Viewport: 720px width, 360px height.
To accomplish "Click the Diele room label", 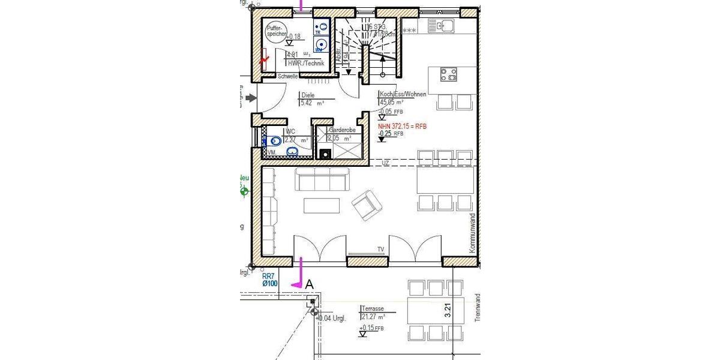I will coord(308,95).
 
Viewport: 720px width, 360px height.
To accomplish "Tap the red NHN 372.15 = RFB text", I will coord(401,127).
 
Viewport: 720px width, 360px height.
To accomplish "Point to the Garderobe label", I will coord(343,130).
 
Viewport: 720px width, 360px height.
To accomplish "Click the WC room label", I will coord(290,131).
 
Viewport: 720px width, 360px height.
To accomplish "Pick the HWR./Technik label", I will coord(306,63).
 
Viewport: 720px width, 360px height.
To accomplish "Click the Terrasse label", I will coord(373,308).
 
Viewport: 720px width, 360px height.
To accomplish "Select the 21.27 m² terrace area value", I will coord(373,316).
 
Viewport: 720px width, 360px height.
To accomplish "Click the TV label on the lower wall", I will coord(380,248).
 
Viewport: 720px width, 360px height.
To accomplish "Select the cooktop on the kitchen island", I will coord(448,74).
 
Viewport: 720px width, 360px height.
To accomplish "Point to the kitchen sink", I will coord(445,25).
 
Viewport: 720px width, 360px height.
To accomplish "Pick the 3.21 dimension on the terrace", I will coord(447,310).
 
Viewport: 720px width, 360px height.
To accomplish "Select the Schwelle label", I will coord(288,76).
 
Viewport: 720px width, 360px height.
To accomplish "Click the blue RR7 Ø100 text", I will coord(269,280).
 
